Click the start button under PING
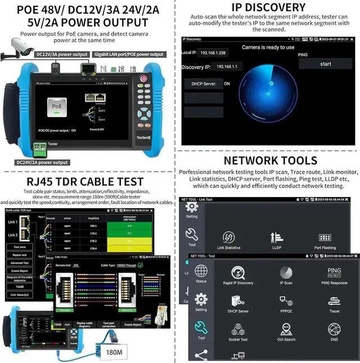[x=325, y=64]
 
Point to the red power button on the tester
[x=143, y=79]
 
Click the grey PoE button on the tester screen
[x=57, y=106]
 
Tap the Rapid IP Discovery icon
[x=237, y=273]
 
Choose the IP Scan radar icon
[x=286, y=273]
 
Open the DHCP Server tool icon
[x=237, y=301]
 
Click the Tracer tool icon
[x=334, y=301]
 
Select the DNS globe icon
[x=334, y=330]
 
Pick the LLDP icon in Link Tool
[x=277, y=237]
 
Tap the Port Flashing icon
[x=325, y=237]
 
